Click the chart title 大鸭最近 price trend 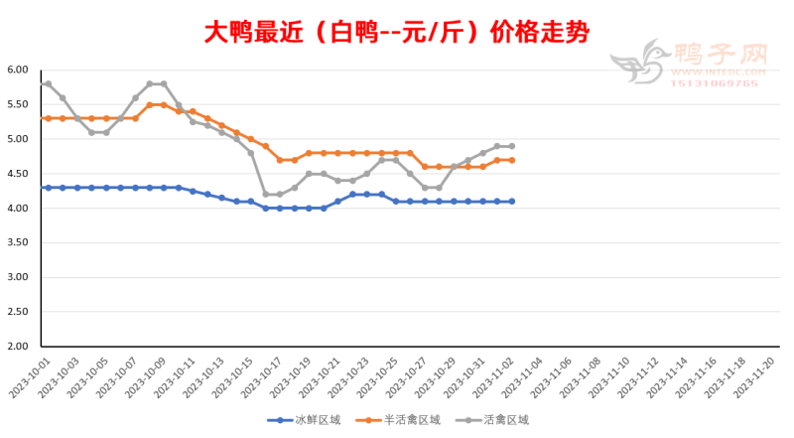click(397, 32)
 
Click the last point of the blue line click(511, 202)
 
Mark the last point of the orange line click(511, 160)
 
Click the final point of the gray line click(511, 146)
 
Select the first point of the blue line click(48, 188)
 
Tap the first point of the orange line click(48, 118)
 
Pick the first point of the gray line click(48, 83)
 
